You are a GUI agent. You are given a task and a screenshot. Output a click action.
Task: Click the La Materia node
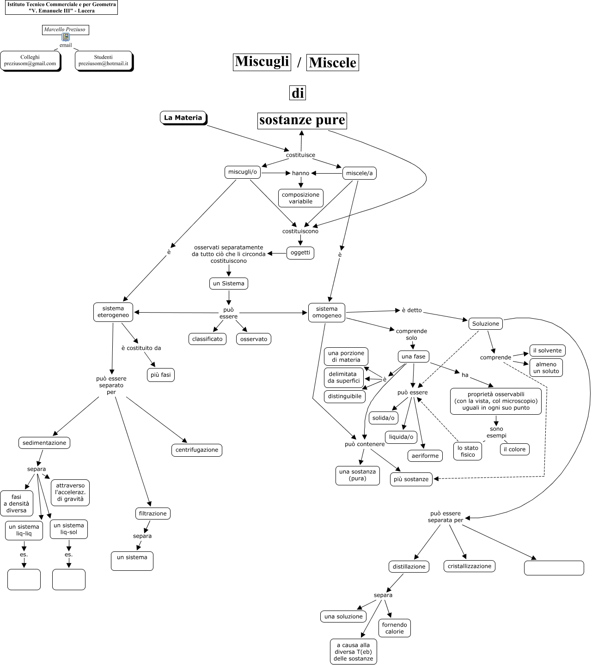(183, 118)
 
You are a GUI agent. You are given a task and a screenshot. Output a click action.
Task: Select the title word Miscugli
(262, 61)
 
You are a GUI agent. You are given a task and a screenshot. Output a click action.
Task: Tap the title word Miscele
(333, 62)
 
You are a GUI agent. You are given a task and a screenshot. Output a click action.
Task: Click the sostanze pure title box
(302, 120)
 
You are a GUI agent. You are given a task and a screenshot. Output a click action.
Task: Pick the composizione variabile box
(300, 198)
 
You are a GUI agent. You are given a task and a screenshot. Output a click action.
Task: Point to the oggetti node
(300, 253)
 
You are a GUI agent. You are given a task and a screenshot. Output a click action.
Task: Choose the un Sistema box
(229, 284)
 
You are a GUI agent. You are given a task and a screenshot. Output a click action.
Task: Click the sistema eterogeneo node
(113, 312)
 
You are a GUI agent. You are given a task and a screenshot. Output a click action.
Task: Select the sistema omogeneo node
(327, 313)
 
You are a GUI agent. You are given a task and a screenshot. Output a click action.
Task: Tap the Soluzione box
(486, 324)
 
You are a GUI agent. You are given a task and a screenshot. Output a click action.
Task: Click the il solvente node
(547, 351)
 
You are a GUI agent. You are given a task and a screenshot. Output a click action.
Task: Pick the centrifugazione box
(197, 450)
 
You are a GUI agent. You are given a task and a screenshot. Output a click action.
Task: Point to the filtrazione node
(153, 514)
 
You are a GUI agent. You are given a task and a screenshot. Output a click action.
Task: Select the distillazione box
(409, 567)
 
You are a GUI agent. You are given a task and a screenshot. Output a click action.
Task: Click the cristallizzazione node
(470, 566)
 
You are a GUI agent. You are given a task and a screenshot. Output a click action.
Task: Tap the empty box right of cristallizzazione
(554, 568)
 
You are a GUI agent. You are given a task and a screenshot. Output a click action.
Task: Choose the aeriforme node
(425, 456)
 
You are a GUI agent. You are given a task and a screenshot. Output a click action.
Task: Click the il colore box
(514, 449)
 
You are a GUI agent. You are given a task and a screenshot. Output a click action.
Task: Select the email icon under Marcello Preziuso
(66, 37)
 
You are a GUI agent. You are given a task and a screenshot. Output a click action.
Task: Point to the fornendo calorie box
(395, 628)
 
